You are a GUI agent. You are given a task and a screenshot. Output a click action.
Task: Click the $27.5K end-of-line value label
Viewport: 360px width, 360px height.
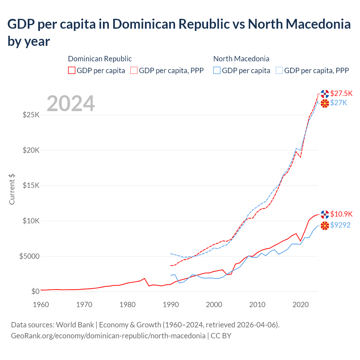[x=341, y=93]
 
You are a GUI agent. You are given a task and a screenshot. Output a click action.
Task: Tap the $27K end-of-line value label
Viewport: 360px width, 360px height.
[x=339, y=103]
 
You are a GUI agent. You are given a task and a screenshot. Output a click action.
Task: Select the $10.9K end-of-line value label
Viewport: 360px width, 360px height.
[x=341, y=214]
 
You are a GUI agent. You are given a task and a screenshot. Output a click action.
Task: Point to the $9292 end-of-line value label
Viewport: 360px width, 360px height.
[x=340, y=225]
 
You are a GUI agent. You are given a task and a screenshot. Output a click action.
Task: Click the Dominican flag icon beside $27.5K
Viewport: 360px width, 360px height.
[x=325, y=94]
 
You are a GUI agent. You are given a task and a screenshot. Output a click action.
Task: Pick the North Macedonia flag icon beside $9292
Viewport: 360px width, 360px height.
[x=325, y=226]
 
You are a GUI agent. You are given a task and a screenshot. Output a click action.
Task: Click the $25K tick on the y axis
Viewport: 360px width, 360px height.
[x=31, y=115]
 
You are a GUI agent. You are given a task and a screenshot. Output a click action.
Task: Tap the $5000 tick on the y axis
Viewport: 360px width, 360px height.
[x=29, y=256]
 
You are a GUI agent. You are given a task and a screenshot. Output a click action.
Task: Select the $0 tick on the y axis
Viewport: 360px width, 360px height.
[x=35, y=291]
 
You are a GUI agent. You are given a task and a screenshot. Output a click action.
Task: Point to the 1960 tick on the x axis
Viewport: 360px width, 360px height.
[x=41, y=305]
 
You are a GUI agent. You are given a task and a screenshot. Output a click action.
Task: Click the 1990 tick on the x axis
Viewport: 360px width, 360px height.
[x=171, y=305]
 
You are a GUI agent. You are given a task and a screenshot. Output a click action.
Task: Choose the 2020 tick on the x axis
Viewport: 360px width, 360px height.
[x=301, y=305]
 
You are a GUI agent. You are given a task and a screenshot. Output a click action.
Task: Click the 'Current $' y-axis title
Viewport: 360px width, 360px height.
[x=12, y=189]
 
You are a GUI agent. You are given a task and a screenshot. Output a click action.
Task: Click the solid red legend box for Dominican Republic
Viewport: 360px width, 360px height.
[x=72, y=70]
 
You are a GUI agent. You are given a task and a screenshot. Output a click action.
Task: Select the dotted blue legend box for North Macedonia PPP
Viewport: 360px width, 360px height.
[x=279, y=70]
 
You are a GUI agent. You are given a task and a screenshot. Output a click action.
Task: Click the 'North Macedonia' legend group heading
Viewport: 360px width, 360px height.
[x=241, y=59]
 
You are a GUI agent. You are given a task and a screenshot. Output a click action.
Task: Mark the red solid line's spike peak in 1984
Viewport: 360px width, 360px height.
[x=145, y=278]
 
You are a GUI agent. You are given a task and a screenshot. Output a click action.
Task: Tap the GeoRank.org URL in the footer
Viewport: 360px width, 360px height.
[x=108, y=336]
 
